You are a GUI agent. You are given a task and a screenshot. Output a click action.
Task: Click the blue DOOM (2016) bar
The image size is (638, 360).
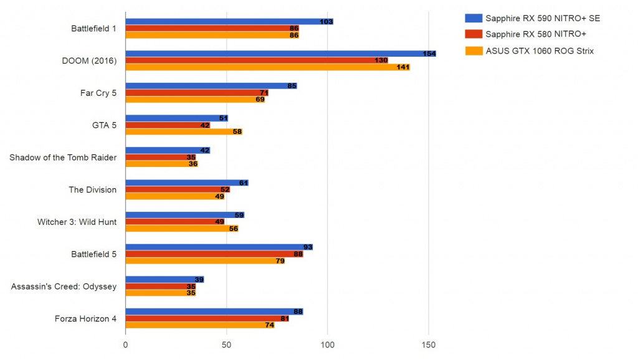point(280,54)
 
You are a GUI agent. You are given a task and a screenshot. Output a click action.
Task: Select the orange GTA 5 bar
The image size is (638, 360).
point(184,132)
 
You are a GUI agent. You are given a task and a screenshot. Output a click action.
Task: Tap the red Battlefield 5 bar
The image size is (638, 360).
point(214,254)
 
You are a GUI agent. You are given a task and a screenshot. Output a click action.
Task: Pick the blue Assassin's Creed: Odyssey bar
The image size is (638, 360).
point(164,280)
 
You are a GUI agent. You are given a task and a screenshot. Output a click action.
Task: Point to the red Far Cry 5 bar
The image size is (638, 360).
point(197,93)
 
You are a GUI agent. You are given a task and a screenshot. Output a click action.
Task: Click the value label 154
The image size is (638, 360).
point(429,54)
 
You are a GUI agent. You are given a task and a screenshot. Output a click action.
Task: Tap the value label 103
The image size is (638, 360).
point(326,21)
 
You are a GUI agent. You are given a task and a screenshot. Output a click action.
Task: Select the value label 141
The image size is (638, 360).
point(402,67)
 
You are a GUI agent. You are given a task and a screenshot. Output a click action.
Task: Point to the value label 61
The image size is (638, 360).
point(244,183)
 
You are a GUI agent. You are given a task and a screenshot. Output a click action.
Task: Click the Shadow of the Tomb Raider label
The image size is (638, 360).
point(63,158)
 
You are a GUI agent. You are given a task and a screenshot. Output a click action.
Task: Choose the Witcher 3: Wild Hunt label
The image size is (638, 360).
point(77,222)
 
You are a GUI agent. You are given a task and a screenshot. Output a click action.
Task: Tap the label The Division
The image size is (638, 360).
point(92,189)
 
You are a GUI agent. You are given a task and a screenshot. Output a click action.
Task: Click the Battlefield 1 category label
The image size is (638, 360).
point(93,29)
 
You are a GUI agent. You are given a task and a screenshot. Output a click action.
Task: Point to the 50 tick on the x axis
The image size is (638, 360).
point(227,344)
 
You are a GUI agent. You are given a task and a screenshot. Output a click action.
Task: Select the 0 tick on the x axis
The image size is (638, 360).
point(126,344)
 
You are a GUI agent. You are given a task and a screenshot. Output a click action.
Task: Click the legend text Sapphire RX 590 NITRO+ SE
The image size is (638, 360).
point(543,18)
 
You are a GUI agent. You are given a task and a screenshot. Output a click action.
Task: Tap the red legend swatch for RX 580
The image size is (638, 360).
point(474,34)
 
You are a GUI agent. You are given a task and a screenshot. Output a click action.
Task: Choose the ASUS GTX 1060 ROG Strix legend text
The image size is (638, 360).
point(540,51)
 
